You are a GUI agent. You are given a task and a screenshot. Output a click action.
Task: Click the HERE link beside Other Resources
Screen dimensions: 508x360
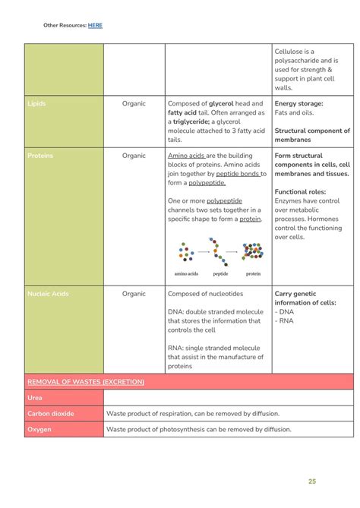[95, 25]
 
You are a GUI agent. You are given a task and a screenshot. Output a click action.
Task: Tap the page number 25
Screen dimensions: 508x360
[312, 481]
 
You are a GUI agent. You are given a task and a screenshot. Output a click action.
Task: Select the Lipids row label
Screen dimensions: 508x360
[36, 103]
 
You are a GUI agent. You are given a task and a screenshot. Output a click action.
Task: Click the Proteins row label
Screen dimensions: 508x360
[40, 156]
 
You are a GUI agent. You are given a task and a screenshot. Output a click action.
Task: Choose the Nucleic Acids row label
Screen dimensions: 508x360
[49, 293]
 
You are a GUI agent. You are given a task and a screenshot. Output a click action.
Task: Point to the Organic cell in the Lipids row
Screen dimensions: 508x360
[134, 103]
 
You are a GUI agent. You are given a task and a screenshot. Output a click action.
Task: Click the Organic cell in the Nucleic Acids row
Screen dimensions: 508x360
[134, 293]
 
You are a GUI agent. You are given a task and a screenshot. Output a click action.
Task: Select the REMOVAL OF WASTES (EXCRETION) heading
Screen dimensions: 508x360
[85, 382]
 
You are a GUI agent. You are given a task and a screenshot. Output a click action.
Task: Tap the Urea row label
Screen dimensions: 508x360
[35, 398]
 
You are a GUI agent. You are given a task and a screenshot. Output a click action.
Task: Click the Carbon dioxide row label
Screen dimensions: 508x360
[51, 414]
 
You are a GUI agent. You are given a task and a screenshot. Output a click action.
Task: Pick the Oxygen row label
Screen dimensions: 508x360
[39, 430]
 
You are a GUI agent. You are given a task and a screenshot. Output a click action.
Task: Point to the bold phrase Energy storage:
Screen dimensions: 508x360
[298, 103]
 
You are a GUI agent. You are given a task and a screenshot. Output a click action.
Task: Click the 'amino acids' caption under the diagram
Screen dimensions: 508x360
[186, 273]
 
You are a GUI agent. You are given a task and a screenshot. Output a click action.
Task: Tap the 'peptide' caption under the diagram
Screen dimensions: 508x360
[220, 273]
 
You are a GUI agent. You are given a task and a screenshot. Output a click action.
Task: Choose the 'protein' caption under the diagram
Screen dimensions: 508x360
[253, 273]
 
